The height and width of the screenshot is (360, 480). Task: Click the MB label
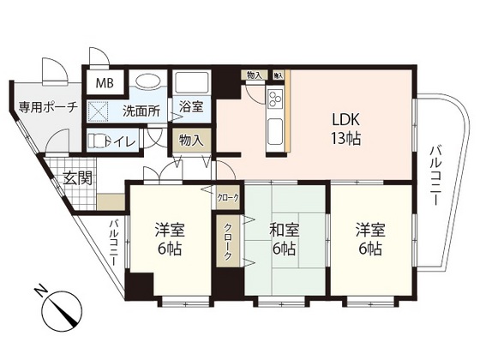pyautogui.click(x=104, y=83)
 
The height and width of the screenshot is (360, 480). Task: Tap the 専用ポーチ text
pyautogui.click(x=43, y=107)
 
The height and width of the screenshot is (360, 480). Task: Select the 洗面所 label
pyautogui.click(x=141, y=111)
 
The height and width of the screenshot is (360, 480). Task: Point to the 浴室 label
pyautogui.click(x=191, y=107)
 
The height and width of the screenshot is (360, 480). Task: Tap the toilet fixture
pyautogui.click(x=96, y=141)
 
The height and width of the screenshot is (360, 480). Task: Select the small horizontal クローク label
pyautogui.click(x=229, y=197)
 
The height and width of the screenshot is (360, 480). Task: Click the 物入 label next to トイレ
pyautogui.click(x=189, y=141)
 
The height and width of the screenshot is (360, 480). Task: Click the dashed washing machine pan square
pyautogui.click(x=99, y=111)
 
